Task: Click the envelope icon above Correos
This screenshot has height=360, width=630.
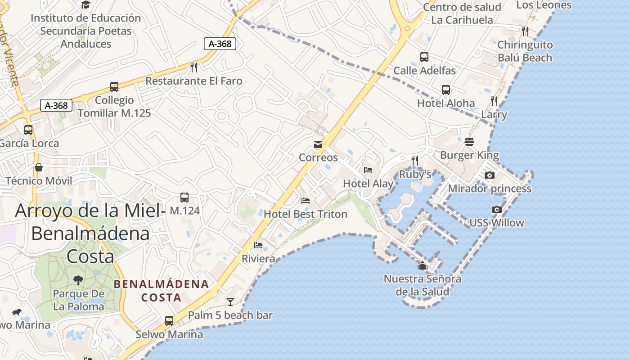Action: pos(318,144)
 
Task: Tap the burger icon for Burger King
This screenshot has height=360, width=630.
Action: pos(469,142)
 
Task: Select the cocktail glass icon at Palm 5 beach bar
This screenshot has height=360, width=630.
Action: pos(230,301)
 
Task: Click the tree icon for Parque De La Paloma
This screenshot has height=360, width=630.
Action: pos(78,280)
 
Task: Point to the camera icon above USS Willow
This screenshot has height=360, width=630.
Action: pos(497,209)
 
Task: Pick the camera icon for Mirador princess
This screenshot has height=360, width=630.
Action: pos(490,175)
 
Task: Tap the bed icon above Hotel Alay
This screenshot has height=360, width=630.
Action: pos(368,170)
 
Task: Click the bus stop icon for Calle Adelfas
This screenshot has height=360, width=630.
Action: pos(424,57)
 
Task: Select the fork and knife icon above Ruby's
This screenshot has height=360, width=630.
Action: pos(415,160)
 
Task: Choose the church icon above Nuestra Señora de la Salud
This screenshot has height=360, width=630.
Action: pos(422,265)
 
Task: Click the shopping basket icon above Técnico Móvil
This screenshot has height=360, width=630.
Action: pos(39,167)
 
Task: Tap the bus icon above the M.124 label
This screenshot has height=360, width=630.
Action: pos(184,197)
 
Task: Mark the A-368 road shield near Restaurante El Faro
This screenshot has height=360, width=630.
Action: pos(220,44)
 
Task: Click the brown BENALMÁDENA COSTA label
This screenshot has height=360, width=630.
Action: pos(161,291)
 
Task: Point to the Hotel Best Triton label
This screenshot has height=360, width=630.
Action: pos(306,214)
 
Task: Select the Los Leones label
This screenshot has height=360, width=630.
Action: pos(544,5)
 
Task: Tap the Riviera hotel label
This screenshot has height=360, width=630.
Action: pos(258,259)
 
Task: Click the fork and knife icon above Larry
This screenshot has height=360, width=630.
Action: pos(494,101)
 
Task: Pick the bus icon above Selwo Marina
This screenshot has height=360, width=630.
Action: pos(169,321)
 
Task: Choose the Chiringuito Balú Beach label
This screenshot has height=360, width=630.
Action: pos(525,51)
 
